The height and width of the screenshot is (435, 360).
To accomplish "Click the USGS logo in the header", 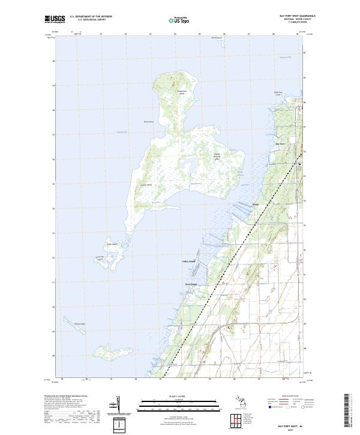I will (55, 19).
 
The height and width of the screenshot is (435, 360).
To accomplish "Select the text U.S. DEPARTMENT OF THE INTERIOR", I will (91, 17).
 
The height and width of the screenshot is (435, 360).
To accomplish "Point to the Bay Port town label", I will (280, 144).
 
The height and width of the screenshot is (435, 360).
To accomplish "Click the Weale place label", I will (256, 204).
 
